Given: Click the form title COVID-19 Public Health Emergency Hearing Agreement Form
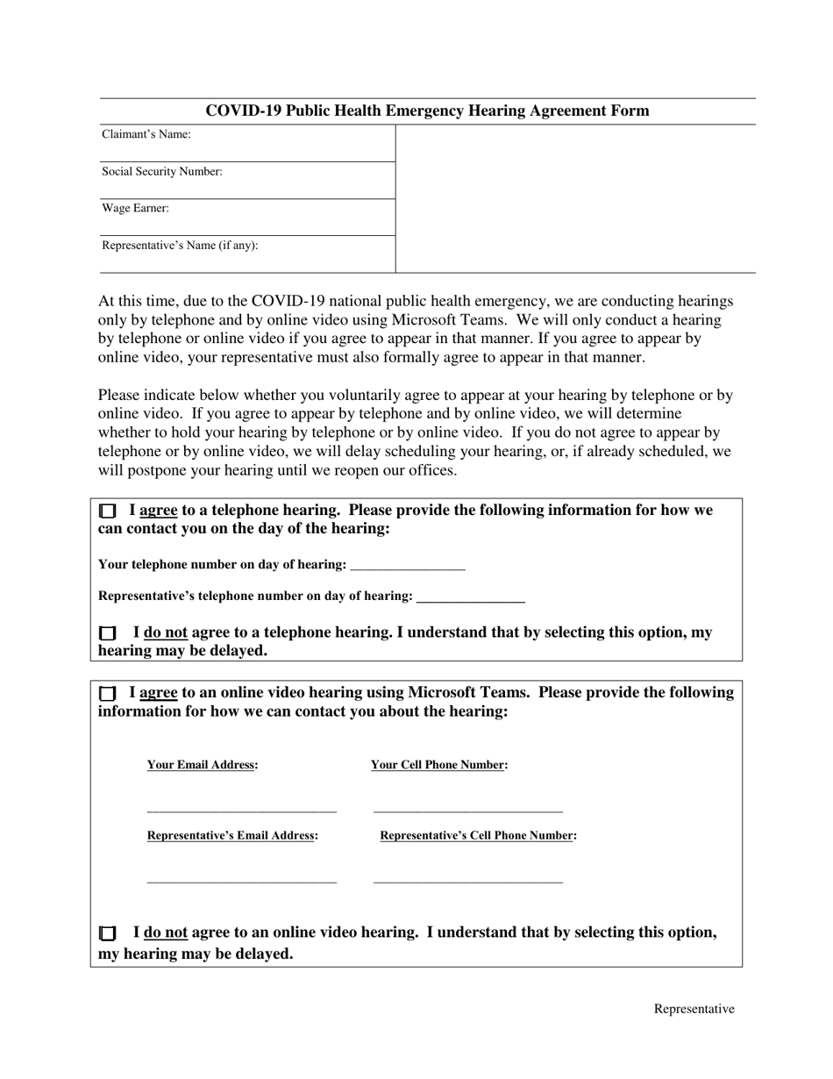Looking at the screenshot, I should (427, 111).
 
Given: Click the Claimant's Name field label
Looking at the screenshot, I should (146, 134).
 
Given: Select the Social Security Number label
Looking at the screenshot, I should (162, 171).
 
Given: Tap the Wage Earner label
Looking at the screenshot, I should (136, 208).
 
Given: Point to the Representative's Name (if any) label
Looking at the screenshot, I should (180, 245).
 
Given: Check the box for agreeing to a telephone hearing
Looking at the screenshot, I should (107, 511).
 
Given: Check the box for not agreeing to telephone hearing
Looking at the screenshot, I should (107, 632).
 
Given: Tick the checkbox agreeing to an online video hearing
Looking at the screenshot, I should (107, 693).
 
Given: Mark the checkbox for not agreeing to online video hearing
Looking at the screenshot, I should (107, 933).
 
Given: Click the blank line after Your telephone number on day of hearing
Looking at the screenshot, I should (407, 566).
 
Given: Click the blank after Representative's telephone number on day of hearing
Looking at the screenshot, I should (471, 597).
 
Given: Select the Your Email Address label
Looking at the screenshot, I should (203, 765).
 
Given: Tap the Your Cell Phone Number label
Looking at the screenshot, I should (439, 765).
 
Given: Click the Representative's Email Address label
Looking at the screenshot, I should (232, 836).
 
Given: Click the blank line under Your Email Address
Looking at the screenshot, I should (242, 810).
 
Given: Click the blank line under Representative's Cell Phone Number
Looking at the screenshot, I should (467, 880).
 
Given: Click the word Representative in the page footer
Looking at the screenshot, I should (694, 1009).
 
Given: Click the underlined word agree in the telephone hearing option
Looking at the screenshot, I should (159, 511).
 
